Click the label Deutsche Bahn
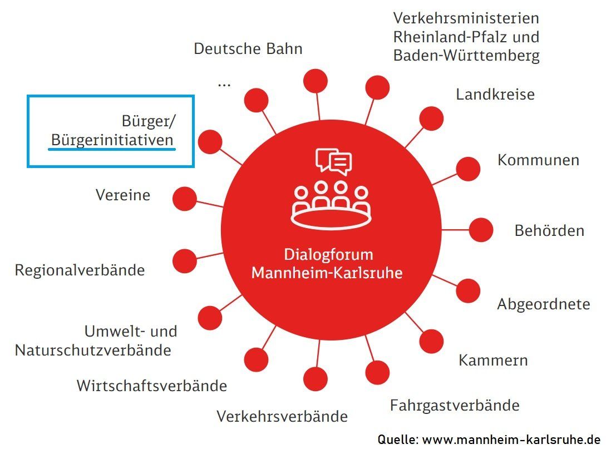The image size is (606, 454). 248,49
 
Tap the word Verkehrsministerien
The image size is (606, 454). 466,18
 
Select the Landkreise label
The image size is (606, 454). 495,95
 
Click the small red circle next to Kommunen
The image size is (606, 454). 468,169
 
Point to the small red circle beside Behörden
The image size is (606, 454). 481,230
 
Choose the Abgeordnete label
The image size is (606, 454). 543,304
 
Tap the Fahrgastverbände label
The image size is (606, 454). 455,405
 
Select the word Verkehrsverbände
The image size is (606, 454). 282,416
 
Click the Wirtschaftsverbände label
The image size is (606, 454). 151,386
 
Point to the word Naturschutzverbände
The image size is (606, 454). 92,351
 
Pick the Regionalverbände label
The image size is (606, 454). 80,270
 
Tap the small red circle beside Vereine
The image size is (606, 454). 185,198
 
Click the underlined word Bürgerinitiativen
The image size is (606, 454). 112,140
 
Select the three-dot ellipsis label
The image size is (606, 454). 224,84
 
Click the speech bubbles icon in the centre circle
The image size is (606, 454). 334,161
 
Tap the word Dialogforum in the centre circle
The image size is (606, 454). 328,255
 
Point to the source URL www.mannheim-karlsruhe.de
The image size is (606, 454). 511,440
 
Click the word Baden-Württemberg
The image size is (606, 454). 466,56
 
